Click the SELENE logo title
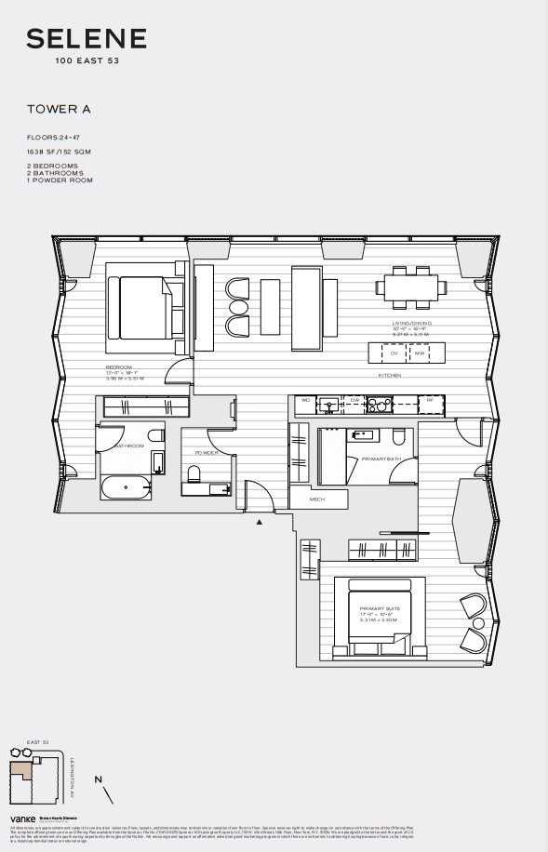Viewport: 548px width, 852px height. [87, 39]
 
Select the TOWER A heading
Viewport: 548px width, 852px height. [59, 109]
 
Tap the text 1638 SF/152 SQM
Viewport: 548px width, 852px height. [59, 151]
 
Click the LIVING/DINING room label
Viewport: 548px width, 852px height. [410, 323]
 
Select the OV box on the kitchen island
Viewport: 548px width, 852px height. [394, 353]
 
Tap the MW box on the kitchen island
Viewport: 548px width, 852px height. [420, 353]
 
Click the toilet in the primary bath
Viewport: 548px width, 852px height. [399, 438]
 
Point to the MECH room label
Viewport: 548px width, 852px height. [317, 500]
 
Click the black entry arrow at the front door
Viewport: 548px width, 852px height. [260, 522]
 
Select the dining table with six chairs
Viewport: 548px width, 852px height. [408, 286]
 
